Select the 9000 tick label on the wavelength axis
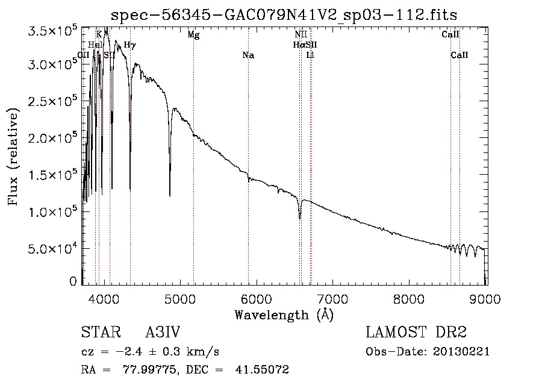pos(486,298)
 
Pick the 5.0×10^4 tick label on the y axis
pos(54,248)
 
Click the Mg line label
pos(193,35)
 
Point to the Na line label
pos(248,55)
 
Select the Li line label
pos(310,55)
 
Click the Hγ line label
pos(130,45)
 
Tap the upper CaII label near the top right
pos(450,35)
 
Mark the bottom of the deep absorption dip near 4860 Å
pos(170,195)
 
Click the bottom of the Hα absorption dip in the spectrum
pos(300,217)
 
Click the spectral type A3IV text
pos(163,333)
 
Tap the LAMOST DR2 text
pos(416,333)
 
